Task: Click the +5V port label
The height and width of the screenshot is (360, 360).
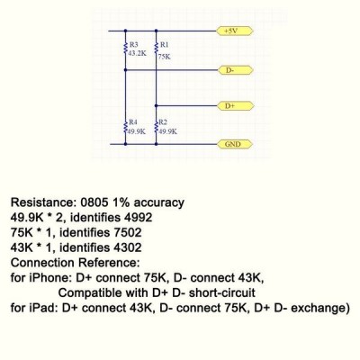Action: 235,31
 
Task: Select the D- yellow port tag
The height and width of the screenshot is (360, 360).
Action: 235,70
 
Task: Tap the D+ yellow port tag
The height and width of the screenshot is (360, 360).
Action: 236,106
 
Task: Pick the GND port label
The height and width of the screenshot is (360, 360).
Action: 235,144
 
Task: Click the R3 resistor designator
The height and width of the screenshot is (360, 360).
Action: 133,45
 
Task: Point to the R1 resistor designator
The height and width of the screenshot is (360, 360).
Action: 165,45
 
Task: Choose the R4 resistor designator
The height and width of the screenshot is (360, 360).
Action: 133,122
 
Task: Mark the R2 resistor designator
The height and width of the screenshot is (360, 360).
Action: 163,122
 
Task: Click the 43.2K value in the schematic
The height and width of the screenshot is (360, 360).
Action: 137,54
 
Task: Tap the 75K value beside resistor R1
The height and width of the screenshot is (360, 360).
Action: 165,57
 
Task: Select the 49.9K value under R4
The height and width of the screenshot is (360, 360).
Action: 137,131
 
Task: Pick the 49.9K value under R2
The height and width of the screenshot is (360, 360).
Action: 167,131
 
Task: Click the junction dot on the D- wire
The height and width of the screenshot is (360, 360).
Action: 125,70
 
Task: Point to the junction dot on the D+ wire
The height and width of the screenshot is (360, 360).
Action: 156,105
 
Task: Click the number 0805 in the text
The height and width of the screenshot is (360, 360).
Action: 94,202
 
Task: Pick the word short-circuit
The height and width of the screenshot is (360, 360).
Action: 222,292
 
